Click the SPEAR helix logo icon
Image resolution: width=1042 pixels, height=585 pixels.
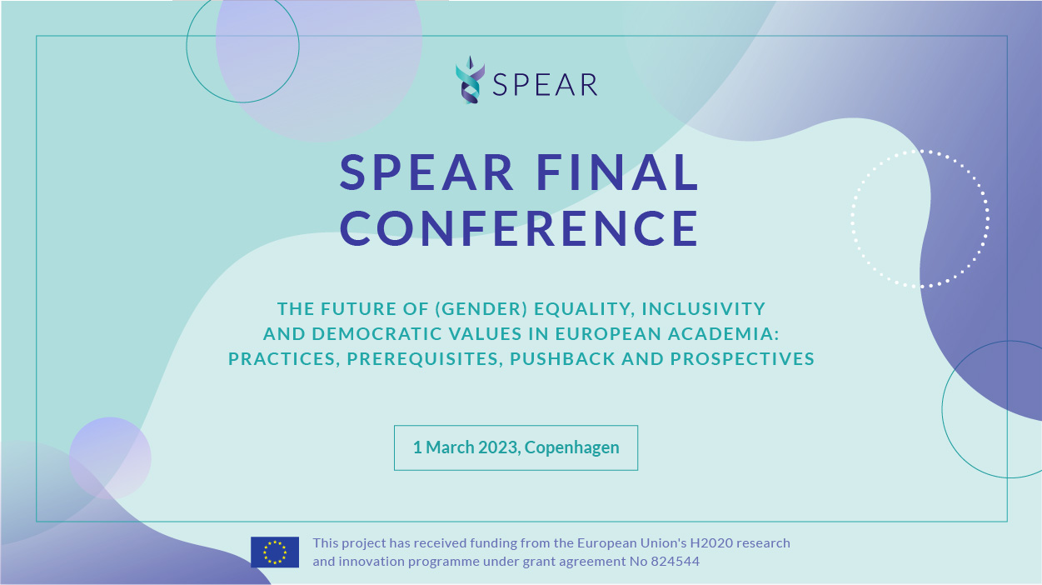[x=470, y=79]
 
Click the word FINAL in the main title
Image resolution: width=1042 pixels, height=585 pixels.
[x=617, y=172]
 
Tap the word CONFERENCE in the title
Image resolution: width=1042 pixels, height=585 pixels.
[x=519, y=227]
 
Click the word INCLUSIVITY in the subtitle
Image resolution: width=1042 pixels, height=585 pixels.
[x=703, y=309]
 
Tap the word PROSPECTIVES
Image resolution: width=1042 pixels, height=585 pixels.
[x=742, y=359]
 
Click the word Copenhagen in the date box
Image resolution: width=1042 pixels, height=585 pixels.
[x=571, y=447]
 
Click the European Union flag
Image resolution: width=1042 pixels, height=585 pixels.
[x=275, y=552]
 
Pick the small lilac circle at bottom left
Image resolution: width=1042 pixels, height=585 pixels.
[x=110, y=458]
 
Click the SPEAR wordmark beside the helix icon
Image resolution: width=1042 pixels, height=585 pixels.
[x=545, y=85]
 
